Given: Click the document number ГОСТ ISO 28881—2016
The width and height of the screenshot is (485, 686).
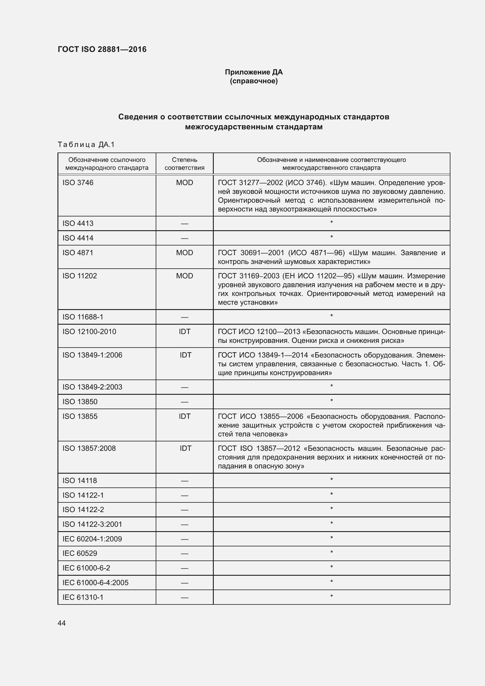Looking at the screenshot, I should tap(102, 49).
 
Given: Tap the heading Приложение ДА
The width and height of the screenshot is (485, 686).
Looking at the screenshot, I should tap(254, 72).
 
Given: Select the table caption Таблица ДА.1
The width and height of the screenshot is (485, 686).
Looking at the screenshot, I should tap(86, 145).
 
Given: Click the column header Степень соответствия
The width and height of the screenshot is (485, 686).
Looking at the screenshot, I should tap(184, 163).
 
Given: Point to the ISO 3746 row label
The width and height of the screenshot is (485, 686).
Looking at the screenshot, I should tap(78, 182).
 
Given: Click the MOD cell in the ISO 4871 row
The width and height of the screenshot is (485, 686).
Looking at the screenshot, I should tap(184, 253).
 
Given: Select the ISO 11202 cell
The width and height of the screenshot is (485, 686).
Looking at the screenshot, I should tap(80, 276).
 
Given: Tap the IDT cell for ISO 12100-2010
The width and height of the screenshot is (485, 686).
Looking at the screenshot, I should tap(184, 332).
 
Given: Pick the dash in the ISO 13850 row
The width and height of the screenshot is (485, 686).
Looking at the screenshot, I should tap(184, 402).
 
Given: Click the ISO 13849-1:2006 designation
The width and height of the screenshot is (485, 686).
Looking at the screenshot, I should tap(92, 355).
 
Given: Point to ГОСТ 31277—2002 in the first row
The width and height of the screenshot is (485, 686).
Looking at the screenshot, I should tap(250, 182).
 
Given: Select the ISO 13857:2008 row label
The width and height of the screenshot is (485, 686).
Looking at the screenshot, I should tap(89, 448).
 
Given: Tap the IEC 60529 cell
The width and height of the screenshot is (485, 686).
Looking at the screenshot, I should tap(80, 553).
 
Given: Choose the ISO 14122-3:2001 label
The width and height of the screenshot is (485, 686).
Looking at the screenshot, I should tap(92, 524).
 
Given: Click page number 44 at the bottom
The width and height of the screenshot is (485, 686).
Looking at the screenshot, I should tap(62, 623).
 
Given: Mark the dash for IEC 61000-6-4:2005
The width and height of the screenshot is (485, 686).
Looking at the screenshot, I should tap(184, 583).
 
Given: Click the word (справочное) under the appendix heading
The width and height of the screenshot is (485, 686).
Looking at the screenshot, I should tap(254, 81).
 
